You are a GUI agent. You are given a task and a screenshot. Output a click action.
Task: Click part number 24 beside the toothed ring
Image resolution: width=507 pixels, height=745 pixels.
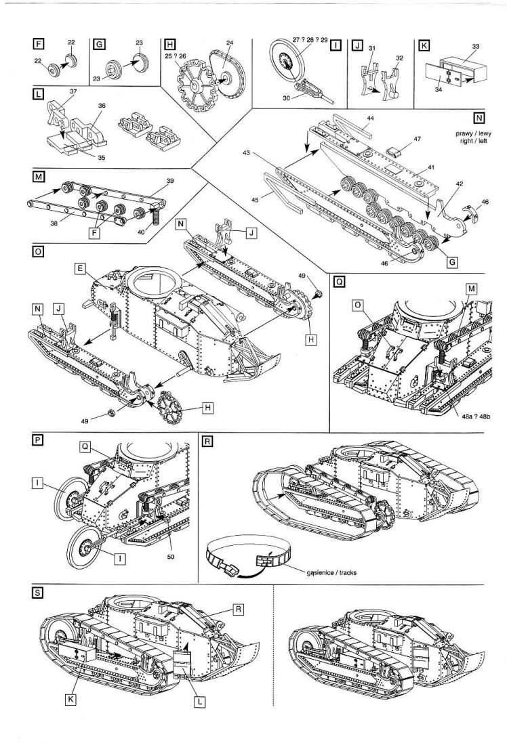tap(230, 43)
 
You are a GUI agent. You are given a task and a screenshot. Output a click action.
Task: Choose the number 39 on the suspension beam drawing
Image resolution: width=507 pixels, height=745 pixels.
tap(170, 182)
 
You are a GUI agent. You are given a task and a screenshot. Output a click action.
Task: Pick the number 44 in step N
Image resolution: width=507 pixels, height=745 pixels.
tap(370, 119)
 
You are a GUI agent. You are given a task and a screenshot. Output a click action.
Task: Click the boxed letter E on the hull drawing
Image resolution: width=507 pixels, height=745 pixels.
tap(80, 270)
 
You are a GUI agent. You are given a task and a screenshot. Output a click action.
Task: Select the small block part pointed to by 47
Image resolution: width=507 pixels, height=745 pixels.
tap(394, 148)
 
